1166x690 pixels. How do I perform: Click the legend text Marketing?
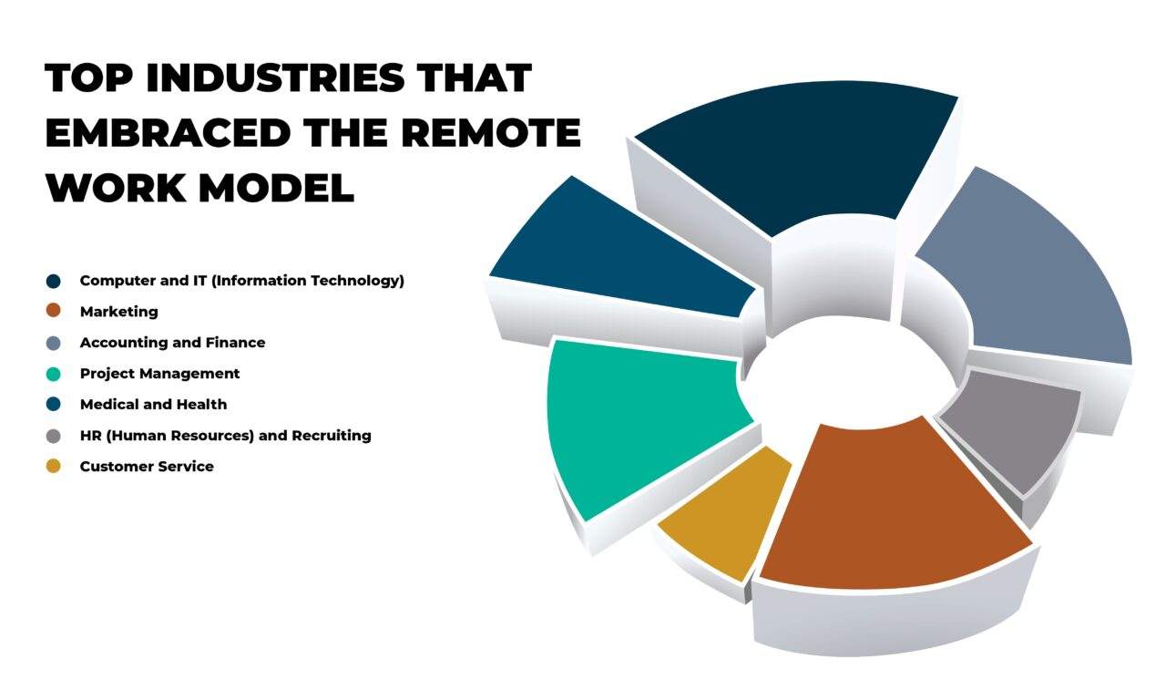118,312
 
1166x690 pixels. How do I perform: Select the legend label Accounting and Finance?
172,343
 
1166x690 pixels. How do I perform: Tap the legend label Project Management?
159,374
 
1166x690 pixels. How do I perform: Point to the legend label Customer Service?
147,467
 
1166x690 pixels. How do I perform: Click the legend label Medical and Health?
153,405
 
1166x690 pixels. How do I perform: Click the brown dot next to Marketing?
53,311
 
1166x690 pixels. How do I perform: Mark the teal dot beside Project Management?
53,373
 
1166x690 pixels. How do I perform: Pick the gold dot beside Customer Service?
53,466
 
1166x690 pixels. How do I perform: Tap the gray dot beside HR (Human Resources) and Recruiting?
53,435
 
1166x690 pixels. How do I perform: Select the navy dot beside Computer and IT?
53,280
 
